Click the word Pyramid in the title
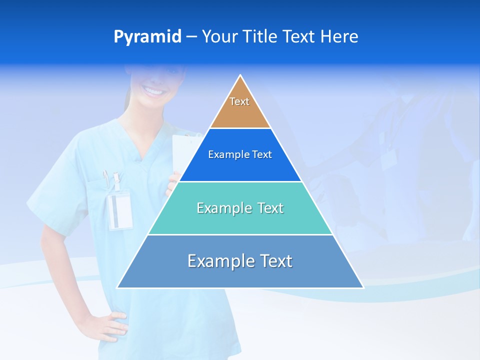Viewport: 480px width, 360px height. (147, 37)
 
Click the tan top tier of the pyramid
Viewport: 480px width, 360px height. (240, 114)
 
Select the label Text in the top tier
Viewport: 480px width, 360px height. (239, 101)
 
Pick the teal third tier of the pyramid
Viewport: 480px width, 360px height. (240, 222)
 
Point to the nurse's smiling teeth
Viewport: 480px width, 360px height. (153, 91)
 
